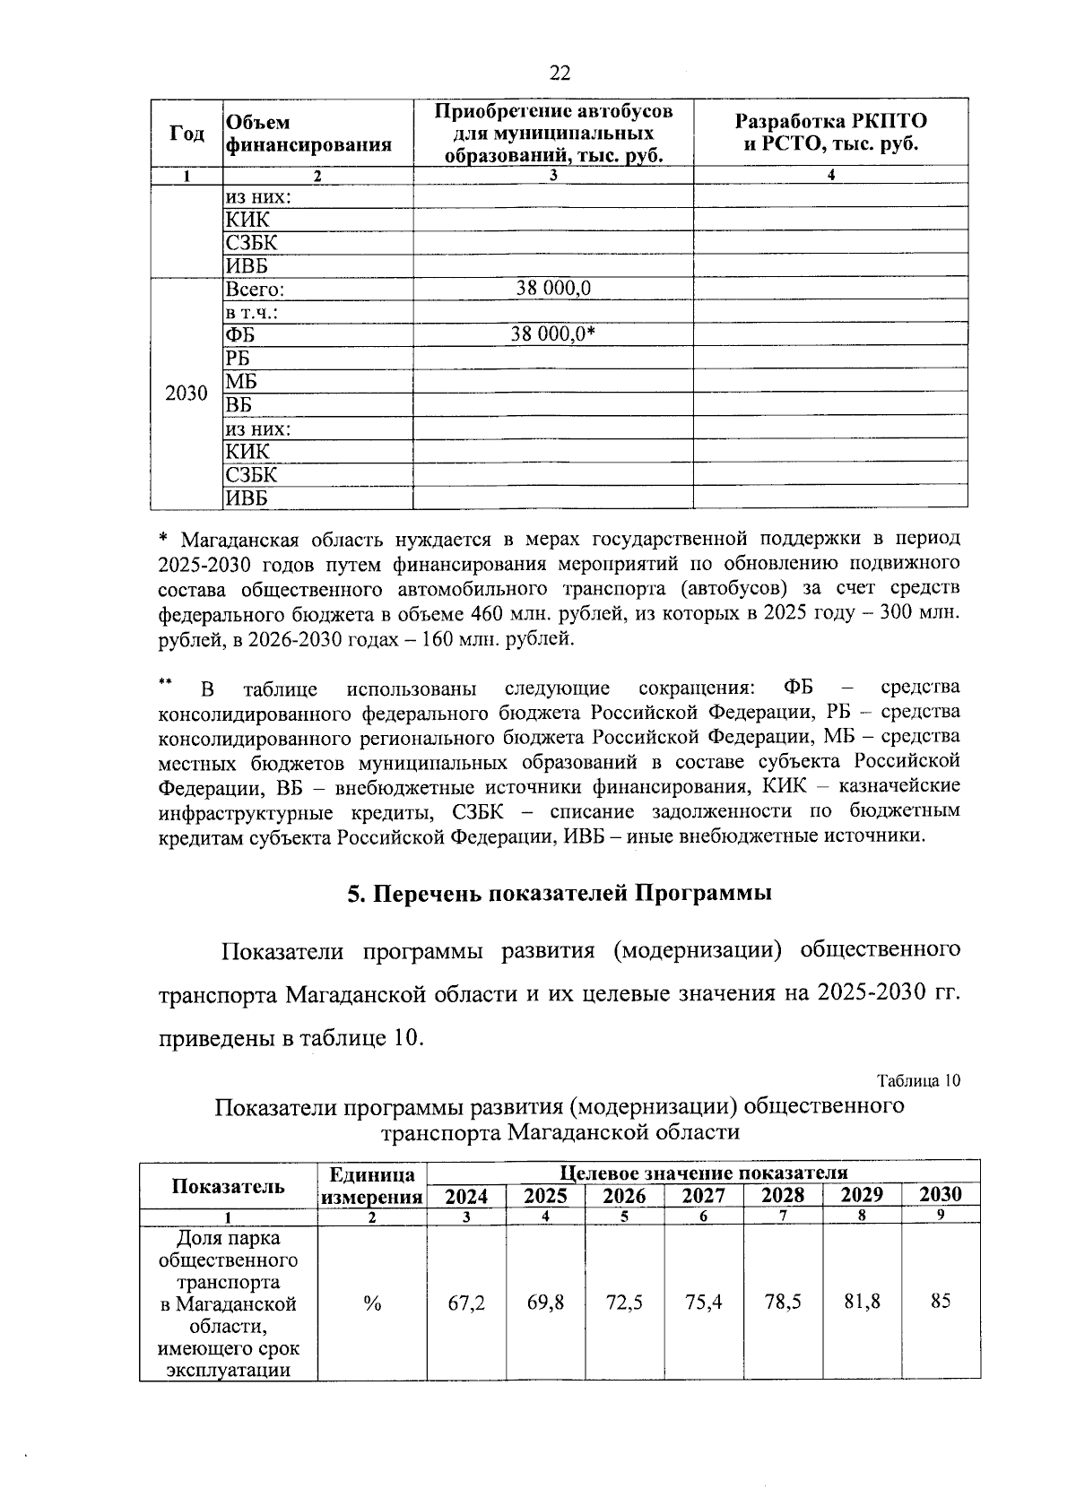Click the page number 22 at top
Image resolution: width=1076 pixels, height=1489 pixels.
[x=560, y=74]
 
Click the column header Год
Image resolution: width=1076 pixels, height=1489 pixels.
[x=187, y=133]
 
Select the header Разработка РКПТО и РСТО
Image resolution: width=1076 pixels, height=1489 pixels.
[x=830, y=133]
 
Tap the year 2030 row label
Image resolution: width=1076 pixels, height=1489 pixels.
[x=187, y=394]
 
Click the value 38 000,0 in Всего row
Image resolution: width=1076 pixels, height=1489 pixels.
[x=553, y=289]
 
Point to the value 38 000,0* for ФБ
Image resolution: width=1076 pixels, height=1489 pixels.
[x=553, y=334]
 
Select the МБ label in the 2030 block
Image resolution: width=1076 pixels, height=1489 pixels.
[x=241, y=381]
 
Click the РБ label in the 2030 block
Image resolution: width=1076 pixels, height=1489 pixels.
[x=238, y=358]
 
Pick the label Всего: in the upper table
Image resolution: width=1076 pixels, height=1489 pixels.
[x=256, y=290]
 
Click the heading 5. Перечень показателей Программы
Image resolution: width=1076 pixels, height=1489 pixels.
[x=560, y=894]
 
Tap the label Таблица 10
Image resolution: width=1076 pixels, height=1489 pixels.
[x=918, y=1080]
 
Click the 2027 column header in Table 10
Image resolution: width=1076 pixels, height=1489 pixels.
[x=703, y=1195]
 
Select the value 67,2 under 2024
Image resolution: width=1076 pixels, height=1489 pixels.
[x=466, y=1303]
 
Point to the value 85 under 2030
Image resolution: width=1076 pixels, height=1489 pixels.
[x=940, y=1301]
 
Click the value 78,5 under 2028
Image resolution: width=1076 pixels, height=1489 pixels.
[x=782, y=1302]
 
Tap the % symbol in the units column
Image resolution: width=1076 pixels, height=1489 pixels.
[x=372, y=1304]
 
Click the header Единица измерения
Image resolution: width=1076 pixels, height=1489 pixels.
[x=372, y=1185]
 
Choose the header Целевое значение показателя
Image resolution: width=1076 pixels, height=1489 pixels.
[x=703, y=1172]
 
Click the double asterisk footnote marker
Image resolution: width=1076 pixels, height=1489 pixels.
[x=164, y=683]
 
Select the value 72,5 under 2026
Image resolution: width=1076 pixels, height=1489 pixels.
[x=624, y=1303]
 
